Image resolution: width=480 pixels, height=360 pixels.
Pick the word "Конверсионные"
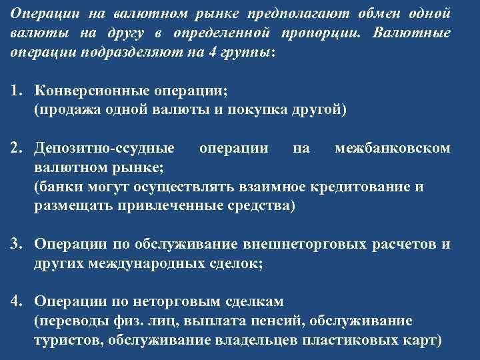click(x=84, y=92)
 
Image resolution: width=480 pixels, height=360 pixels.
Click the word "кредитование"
click(x=361, y=187)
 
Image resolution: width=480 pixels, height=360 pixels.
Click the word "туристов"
click(x=66, y=339)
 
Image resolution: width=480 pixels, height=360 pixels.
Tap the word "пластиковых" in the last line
click(x=344, y=339)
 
